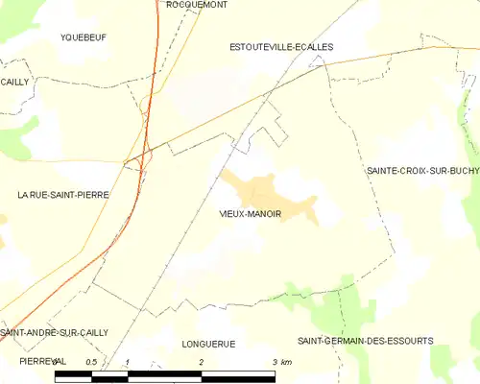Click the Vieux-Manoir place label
point(250,215)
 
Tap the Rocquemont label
point(196,5)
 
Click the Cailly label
point(15,83)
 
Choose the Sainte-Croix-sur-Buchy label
point(422,170)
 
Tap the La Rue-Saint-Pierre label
point(63,195)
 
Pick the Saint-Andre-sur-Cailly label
point(55,332)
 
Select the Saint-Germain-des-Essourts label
point(365,341)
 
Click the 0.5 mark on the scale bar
point(91,362)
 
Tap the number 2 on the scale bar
point(202,362)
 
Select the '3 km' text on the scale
point(281,362)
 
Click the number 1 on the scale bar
point(128,362)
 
